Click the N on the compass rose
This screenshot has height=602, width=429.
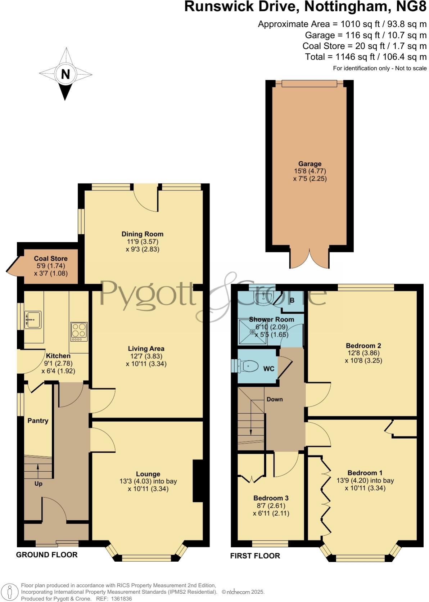[65, 74]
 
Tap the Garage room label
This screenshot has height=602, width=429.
[310, 164]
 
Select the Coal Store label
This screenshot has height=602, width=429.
[51, 259]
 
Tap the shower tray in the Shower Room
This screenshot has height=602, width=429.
[253, 332]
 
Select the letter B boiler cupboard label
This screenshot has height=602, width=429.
[292, 300]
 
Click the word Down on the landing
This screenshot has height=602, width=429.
[275, 399]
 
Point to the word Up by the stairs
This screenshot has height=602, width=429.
[39, 484]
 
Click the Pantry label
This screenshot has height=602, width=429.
[38, 421]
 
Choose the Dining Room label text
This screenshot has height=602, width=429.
[143, 234]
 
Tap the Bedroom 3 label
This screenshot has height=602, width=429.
[271, 498]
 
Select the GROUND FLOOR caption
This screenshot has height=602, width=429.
[47, 554]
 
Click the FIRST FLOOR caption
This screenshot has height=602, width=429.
[255, 556]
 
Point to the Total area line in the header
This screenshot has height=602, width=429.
[366, 57]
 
